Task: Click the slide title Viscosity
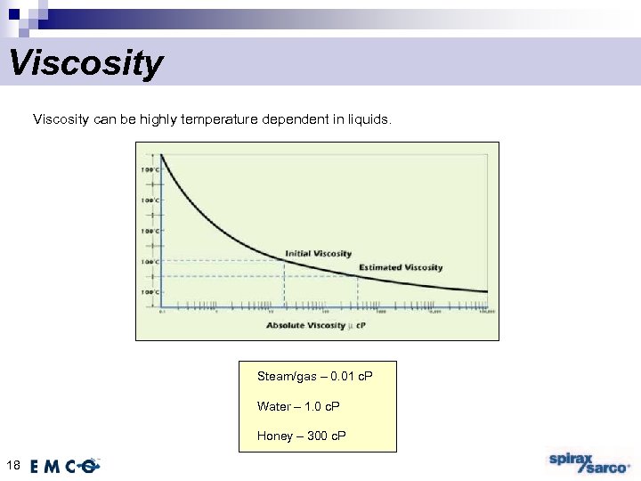click(85, 64)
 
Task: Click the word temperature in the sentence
click(220, 118)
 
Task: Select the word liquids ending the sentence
click(366, 118)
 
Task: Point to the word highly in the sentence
click(158, 118)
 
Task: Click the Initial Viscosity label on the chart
click(318, 254)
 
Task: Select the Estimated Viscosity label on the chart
click(400, 267)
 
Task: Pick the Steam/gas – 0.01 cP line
click(314, 377)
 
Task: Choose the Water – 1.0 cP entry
click(297, 406)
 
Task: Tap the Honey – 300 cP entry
click(301, 436)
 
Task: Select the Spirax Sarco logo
click(587, 463)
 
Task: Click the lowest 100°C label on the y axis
click(149, 292)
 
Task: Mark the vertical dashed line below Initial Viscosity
click(284, 283)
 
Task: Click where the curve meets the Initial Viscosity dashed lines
click(284, 259)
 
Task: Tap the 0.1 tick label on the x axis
click(161, 312)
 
